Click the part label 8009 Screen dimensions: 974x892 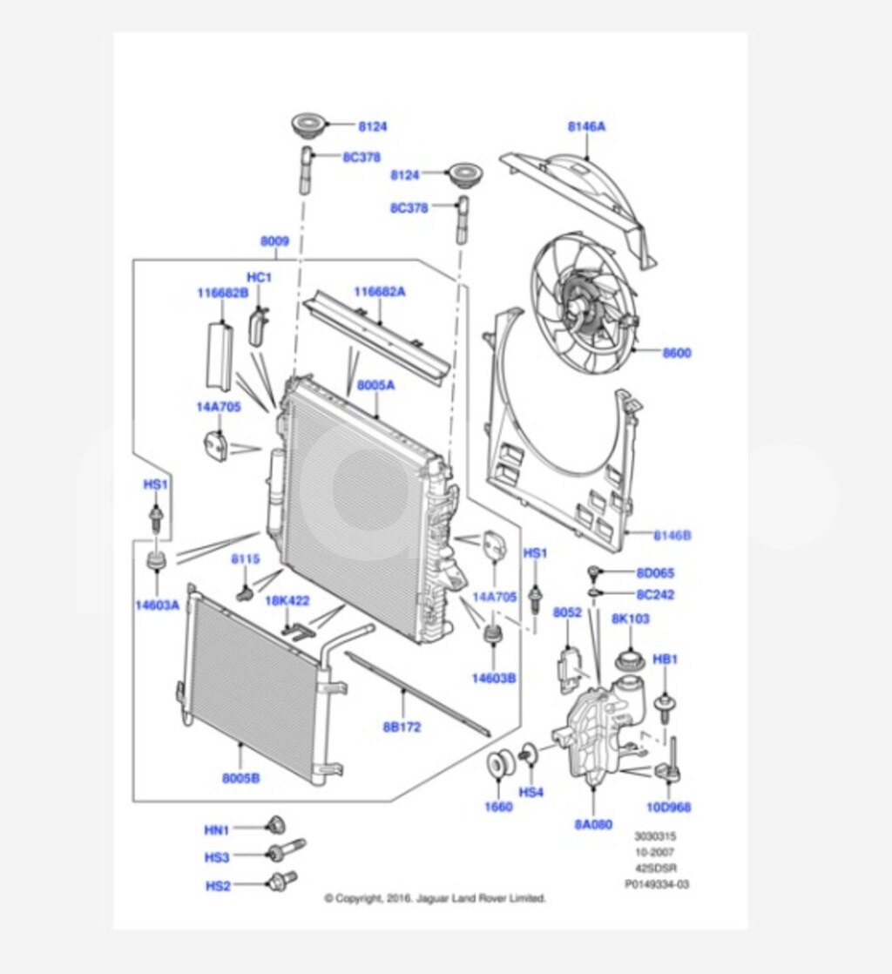point(274,240)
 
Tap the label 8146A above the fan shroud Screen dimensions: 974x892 point(586,126)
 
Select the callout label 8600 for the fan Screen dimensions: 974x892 point(676,353)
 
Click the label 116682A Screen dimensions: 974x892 point(379,292)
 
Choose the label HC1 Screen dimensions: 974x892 point(260,277)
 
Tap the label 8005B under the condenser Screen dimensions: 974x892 point(240,778)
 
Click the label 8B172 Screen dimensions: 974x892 point(402,726)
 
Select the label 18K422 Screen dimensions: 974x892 point(287,601)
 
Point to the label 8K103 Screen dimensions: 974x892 point(631,618)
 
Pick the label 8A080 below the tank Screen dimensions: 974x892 point(592,822)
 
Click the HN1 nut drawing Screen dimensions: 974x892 point(274,825)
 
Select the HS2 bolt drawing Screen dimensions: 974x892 point(283,880)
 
